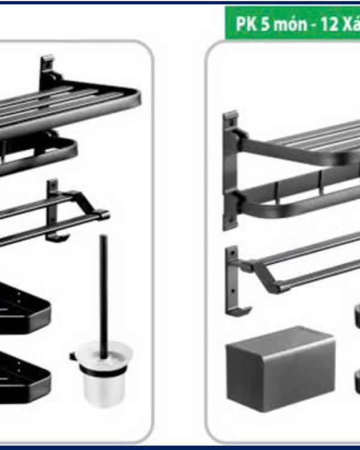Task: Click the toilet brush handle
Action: (104, 296)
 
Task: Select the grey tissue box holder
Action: (280, 368)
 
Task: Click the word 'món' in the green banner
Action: (289, 24)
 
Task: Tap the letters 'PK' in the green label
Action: (246, 23)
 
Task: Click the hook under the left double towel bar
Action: (58, 238)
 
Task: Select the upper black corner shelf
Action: (23, 308)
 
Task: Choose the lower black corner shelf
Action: (23, 377)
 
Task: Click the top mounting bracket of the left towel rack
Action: (47, 69)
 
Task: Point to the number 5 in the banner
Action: (266, 24)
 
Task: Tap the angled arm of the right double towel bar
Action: (266, 277)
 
